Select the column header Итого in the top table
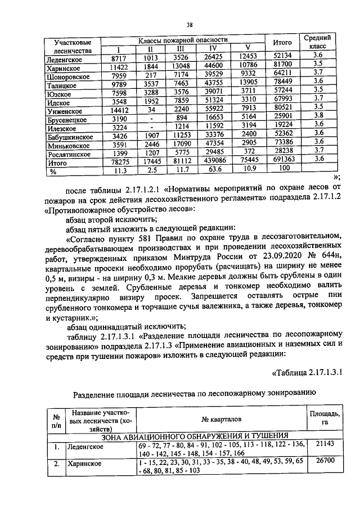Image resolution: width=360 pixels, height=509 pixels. (282, 43)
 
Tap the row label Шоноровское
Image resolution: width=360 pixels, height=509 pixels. (69, 75)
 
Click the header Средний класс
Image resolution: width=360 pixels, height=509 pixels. (317, 43)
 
